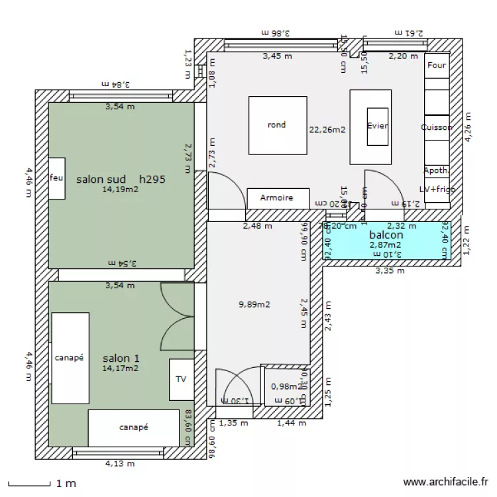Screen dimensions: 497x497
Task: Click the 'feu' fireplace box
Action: click(56, 178)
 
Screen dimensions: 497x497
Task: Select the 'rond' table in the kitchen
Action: click(277, 125)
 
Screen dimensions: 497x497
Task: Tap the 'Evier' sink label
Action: click(377, 126)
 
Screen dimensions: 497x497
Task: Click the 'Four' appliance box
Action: click(437, 66)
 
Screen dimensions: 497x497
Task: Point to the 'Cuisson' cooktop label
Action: click(437, 127)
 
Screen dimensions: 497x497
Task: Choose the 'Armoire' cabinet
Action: click(276, 197)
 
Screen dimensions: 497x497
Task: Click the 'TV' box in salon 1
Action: click(181, 379)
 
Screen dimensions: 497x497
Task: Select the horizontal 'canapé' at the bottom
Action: click(134, 427)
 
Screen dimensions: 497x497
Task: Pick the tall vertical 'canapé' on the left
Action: click(70, 358)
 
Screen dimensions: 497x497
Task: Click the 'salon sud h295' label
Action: click(120, 179)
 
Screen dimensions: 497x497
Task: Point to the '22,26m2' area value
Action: click(327, 130)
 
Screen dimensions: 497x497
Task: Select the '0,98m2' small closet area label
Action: click(284, 387)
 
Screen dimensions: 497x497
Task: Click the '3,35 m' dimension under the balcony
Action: click(388, 270)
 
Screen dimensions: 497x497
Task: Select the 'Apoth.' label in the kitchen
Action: click(436, 170)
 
